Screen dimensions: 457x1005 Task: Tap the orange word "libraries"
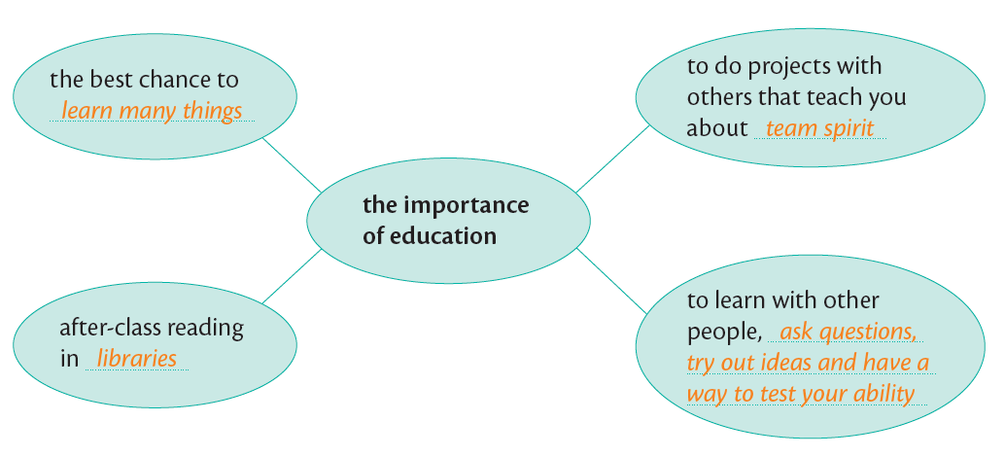pos(136,359)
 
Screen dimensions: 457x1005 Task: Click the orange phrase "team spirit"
pos(819,128)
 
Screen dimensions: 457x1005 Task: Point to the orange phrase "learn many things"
pos(152,111)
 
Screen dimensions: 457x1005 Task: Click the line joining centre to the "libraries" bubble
pos(292,275)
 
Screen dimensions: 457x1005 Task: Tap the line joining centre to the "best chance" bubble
pos(292,164)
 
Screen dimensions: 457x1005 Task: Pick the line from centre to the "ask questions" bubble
pos(611,281)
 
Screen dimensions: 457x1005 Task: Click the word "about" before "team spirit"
pos(715,128)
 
